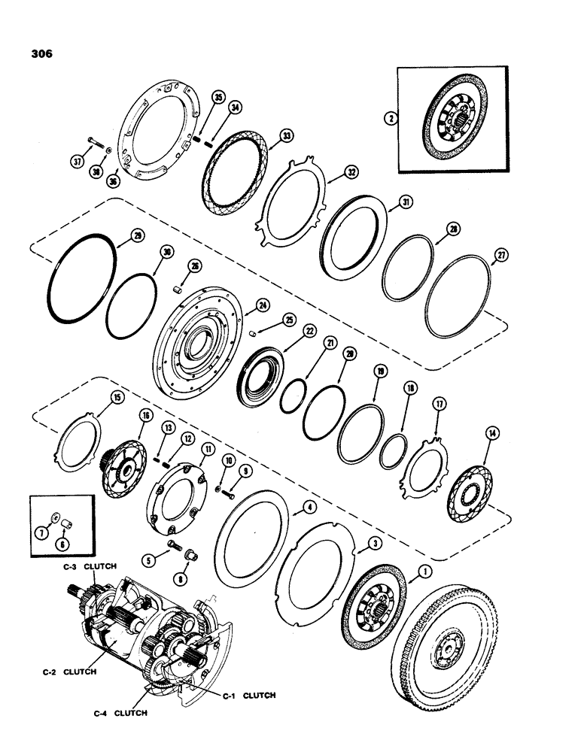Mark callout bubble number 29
136,236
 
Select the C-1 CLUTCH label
250,696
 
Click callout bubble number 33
264,136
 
